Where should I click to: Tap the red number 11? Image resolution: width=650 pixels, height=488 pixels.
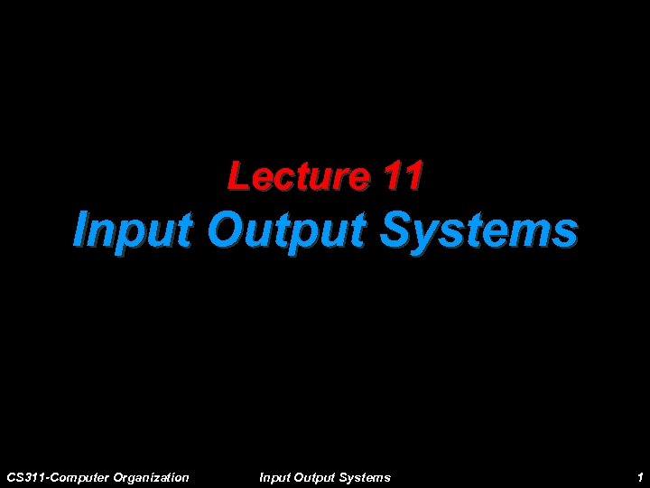(401, 176)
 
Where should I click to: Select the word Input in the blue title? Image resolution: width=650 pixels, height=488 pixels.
(134, 230)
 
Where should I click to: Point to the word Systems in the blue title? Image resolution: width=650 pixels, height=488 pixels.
(479, 230)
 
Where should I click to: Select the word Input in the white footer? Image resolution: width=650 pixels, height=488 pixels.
(274, 476)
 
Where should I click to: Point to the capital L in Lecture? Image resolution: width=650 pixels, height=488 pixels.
(237, 176)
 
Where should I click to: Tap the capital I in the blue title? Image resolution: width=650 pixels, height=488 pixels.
(82, 230)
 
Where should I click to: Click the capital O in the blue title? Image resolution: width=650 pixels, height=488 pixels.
(224, 230)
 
